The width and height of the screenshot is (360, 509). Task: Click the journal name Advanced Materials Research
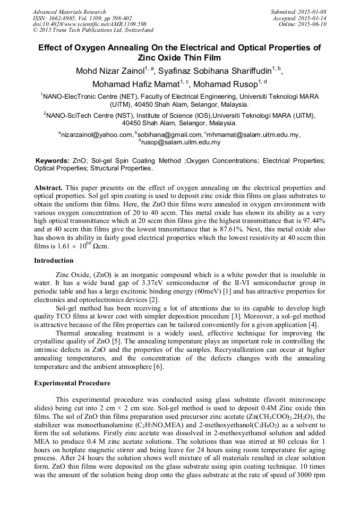click(x=69, y=12)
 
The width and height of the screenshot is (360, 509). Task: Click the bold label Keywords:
click(x=52, y=161)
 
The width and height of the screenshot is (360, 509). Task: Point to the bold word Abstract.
click(x=48, y=188)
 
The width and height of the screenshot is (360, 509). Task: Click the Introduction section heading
click(x=54, y=261)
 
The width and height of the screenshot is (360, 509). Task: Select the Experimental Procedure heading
click(x=72, y=383)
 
